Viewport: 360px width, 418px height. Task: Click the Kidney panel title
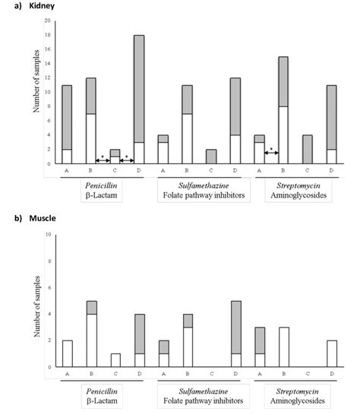click(x=42, y=5)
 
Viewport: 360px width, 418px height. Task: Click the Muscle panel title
click(x=43, y=218)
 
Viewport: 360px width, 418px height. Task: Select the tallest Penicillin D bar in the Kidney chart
click(x=139, y=100)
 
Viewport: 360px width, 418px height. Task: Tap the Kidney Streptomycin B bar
click(x=283, y=110)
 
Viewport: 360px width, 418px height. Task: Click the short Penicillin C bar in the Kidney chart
click(x=115, y=157)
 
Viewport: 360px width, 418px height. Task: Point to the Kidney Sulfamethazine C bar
click(x=211, y=157)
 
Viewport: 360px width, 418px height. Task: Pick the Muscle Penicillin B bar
click(x=92, y=334)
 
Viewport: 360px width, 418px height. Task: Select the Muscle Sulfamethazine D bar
click(x=236, y=334)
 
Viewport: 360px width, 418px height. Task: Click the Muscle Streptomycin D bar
click(x=332, y=353)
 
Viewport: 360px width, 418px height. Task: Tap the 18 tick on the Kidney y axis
click(x=48, y=35)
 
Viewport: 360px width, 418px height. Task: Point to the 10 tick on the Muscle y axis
click(x=48, y=234)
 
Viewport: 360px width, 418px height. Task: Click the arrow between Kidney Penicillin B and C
click(x=103, y=160)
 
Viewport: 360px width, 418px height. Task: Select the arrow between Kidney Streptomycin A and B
click(x=272, y=153)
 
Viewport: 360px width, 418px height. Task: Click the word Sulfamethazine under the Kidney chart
click(x=204, y=185)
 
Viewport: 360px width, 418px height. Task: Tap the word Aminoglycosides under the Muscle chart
click(x=298, y=401)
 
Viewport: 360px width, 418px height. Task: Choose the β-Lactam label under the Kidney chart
click(x=101, y=195)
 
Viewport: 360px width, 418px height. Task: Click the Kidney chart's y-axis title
click(x=36, y=81)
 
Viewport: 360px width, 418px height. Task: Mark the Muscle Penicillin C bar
click(x=115, y=360)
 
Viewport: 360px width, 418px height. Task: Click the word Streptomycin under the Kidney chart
click(x=298, y=185)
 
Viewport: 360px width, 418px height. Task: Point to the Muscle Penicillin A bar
click(x=68, y=353)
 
